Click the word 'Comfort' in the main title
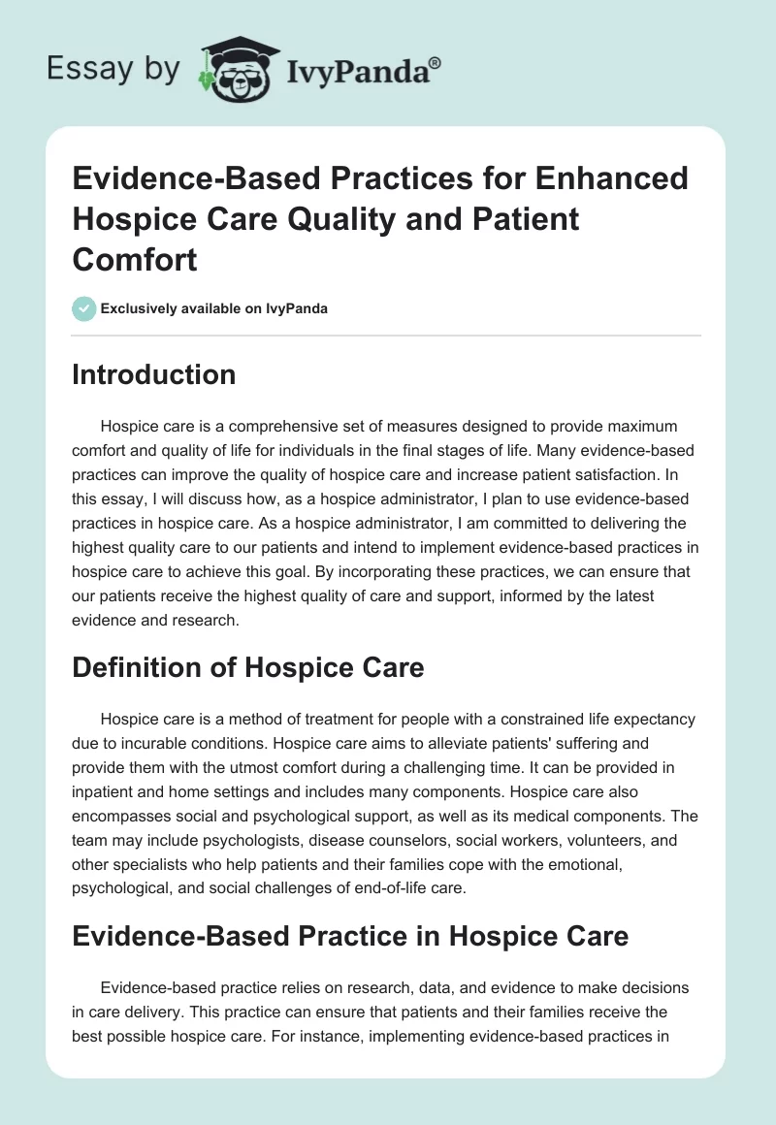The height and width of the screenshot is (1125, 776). click(x=134, y=260)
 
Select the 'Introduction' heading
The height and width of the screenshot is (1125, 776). click(x=153, y=374)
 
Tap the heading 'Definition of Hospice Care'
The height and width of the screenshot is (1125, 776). click(x=247, y=667)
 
